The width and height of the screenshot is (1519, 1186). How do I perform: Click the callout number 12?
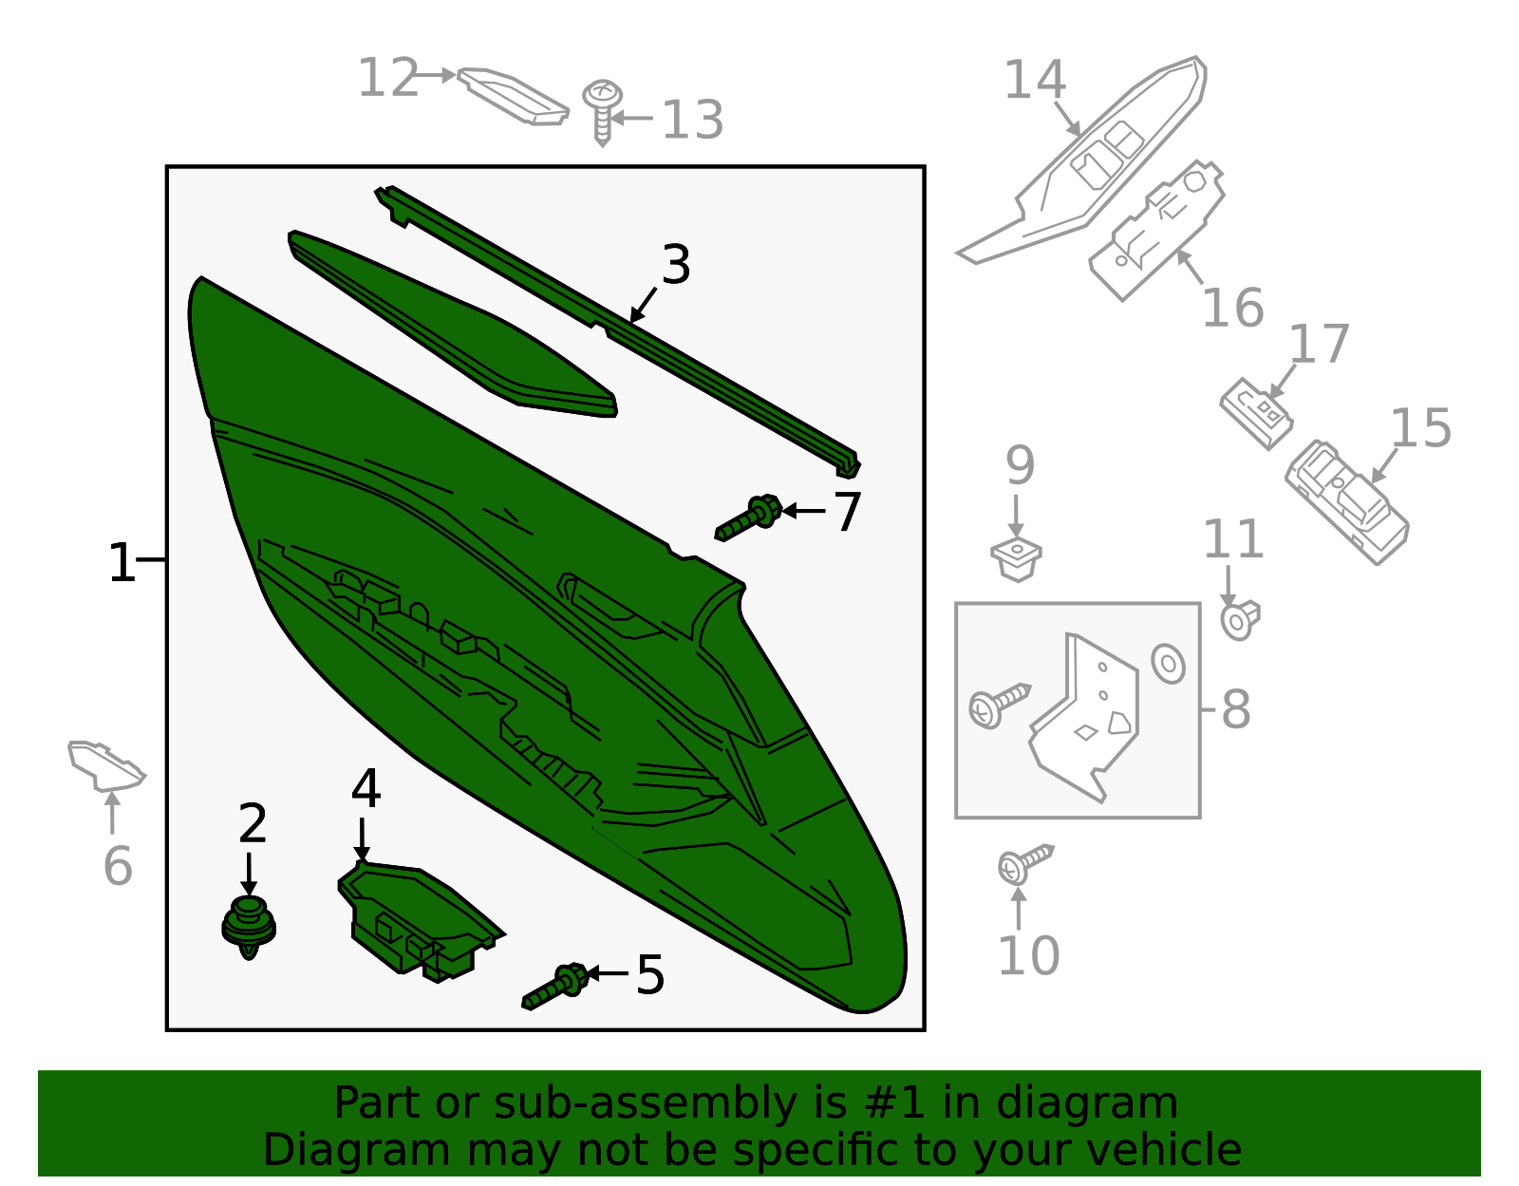tap(387, 78)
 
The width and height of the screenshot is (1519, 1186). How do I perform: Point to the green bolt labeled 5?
tap(557, 986)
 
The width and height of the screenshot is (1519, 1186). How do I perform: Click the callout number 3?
tap(676, 265)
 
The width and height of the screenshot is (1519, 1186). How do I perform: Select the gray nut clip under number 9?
tap(1016, 558)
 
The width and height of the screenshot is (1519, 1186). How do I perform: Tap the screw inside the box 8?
tap(997, 704)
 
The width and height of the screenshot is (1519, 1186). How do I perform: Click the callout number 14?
tap(1035, 80)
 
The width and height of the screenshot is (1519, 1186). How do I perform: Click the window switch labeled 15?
tap(1346, 501)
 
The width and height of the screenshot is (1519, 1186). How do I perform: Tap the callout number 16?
tap(1232, 309)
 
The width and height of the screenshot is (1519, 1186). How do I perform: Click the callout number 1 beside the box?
tap(121, 563)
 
